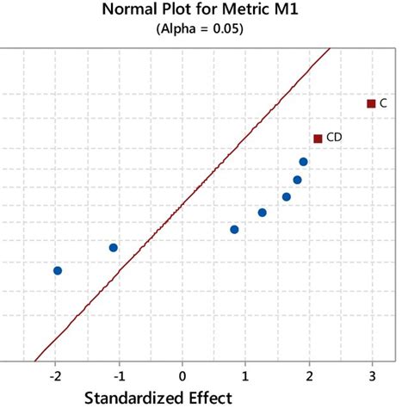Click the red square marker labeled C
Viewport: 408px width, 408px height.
click(x=371, y=103)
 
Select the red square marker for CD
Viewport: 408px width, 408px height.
click(x=318, y=138)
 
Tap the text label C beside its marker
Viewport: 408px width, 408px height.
click(x=383, y=103)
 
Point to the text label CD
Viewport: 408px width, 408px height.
click(x=335, y=138)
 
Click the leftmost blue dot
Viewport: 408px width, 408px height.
click(x=58, y=270)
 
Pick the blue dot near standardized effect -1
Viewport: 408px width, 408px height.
click(x=113, y=248)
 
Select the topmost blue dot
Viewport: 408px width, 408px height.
click(x=303, y=162)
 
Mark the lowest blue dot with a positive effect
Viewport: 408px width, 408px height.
click(x=234, y=229)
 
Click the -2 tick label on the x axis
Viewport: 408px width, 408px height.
click(x=55, y=376)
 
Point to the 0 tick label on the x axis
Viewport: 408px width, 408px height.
click(x=182, y=376)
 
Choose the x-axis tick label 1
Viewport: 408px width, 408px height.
click(x=245, y=376)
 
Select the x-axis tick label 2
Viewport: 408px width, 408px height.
click(x=308, y=376)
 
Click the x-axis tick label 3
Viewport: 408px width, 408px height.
click(x=372, y=376)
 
